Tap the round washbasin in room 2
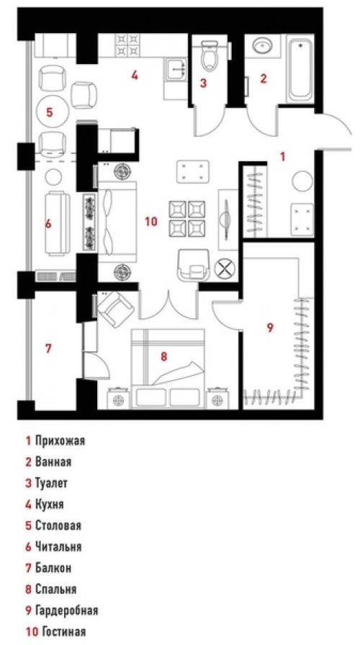tap(260, 47)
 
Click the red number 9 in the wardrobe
tap(270, 328)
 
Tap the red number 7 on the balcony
tap(48, 349)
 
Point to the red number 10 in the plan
tap(150, 222)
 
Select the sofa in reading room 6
tap(58, 223)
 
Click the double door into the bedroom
tap(168, 302)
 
